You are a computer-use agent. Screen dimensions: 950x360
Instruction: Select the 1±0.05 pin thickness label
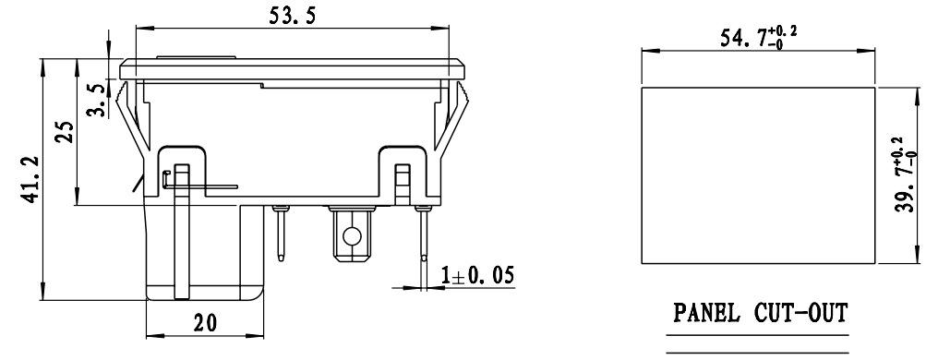click(476, 276)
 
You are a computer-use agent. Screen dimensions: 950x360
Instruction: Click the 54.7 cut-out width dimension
click(758, 38)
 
